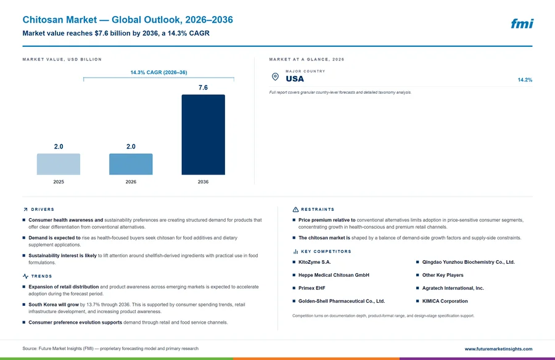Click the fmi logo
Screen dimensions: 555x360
522,23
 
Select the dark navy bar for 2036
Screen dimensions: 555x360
203,134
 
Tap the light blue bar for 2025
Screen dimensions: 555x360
59,164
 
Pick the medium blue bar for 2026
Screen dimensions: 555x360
131,164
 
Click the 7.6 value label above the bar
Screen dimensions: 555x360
203,88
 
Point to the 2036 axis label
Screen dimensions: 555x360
203,182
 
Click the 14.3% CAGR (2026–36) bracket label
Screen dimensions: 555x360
158,72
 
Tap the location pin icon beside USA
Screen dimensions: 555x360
275,76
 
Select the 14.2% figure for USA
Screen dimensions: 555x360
525,80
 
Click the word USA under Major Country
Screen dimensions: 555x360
295,79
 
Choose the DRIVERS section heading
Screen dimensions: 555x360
43,210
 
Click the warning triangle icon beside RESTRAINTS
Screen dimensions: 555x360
295,210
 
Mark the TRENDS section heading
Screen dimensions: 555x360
41,276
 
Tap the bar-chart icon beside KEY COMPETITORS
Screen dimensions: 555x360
295,252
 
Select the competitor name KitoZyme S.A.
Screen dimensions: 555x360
314,263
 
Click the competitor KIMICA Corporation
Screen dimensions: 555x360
445,301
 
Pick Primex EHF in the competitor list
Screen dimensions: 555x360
311,288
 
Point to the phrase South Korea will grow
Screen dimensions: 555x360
54,305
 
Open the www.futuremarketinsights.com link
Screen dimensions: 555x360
498,349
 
